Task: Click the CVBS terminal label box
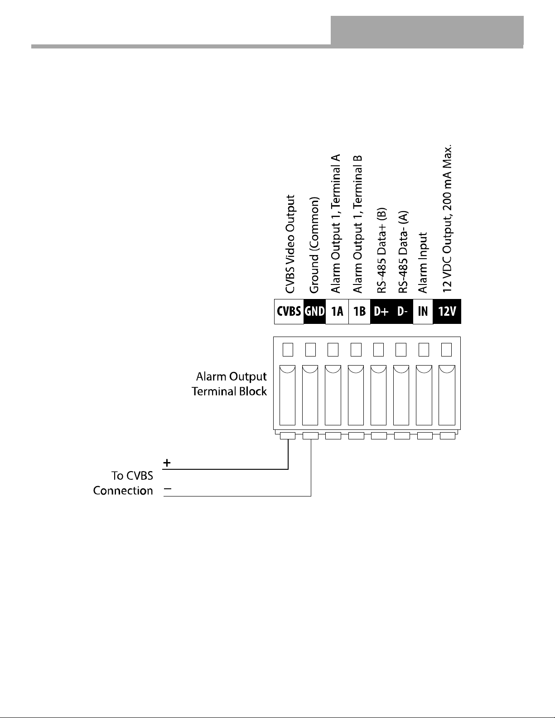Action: click(289, 312)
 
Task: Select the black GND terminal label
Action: click(314, 312)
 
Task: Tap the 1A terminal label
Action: click(337, 312)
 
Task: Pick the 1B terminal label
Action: click(359, 312)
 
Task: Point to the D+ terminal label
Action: click(381, 312)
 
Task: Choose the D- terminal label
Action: click(402, 312)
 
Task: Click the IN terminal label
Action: click(423, 312)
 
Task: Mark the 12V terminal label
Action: click(447, 312)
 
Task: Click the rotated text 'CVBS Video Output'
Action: click(290, 244)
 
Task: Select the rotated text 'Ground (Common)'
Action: click(314, 245)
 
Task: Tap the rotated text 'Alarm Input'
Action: click(423, 263)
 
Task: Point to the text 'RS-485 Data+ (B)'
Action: click(381, 251)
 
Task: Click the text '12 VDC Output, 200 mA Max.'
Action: click(447, 219)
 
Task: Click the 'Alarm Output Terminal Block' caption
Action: click(229, 384)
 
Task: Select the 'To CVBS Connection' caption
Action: click(123, 483)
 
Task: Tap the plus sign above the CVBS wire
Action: click(167, 463)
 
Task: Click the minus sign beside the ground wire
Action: click(168, 489)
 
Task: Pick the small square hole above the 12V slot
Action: click(447, 350)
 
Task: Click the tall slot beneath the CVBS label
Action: click(287, 395)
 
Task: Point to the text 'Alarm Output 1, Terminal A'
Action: click(336, 223)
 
